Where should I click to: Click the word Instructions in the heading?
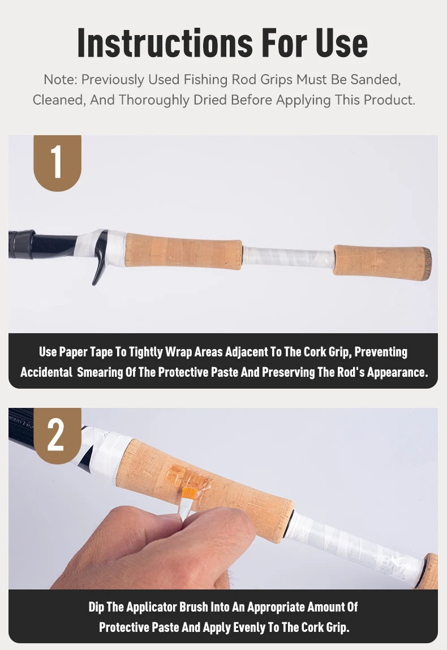[165, 43]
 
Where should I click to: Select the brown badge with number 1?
[57, 162]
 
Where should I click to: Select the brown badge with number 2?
[57, 435]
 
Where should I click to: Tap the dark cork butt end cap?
[427, 264]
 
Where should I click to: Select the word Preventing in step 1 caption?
[381, 352]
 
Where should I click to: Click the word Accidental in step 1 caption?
[46, 372]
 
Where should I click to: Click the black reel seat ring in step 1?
[22, 244]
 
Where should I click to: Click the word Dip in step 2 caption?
[96, 608]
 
